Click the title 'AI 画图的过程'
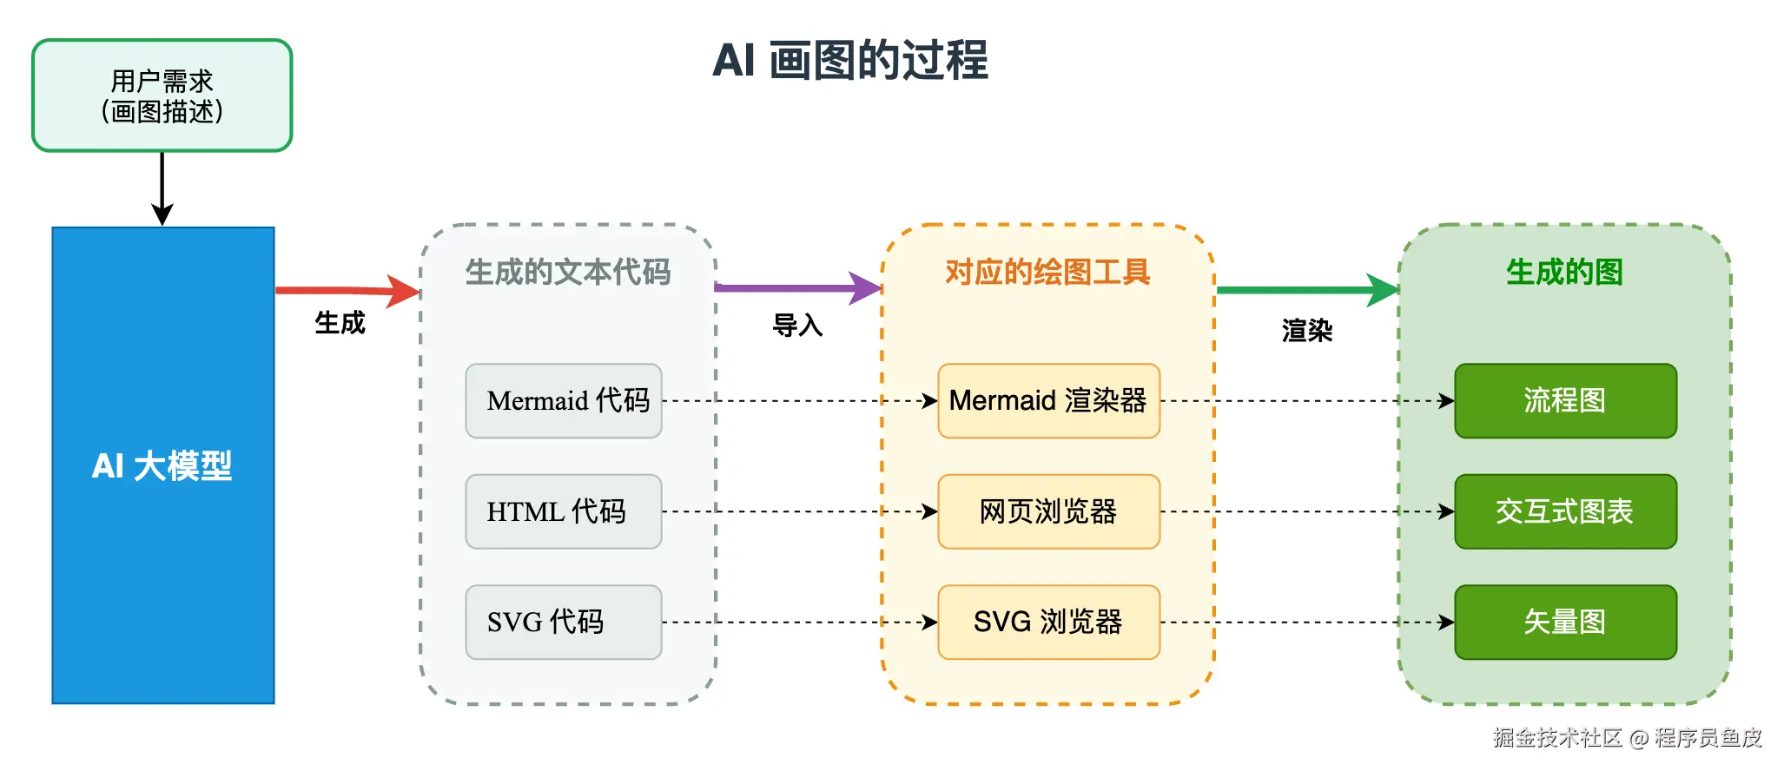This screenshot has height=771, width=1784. tap(849, 61)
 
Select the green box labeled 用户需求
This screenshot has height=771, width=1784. tap(162, 96)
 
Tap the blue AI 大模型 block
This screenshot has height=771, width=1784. tap(163, 465)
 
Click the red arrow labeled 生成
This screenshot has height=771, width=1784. tap(347, 290)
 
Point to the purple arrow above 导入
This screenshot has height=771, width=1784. tap(798, 287)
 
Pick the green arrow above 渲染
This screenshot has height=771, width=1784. tap(1307, 290)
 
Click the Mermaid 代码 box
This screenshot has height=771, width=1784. tap(564, 401)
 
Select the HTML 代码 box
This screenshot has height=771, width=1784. tap(564, 511)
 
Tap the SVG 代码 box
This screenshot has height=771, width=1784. tap(564, 623)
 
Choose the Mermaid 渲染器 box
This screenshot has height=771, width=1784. tap(1049, 401)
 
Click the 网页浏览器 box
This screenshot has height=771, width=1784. tap(1049, 511)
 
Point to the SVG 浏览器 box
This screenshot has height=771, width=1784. tap(1049, 623)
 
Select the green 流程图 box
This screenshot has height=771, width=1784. tap(1566, 401)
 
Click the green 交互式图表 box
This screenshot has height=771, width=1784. tap(1566, 511)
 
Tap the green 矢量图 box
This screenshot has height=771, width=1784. tap(1566, 623)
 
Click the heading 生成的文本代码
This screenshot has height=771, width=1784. tap(568, 273)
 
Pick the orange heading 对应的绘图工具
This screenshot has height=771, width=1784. tap(1047, 273)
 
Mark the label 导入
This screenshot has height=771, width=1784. tap(797, 326)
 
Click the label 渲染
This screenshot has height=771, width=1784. tap(1307, 331)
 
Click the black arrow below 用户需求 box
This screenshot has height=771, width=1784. tap(162, 189)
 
